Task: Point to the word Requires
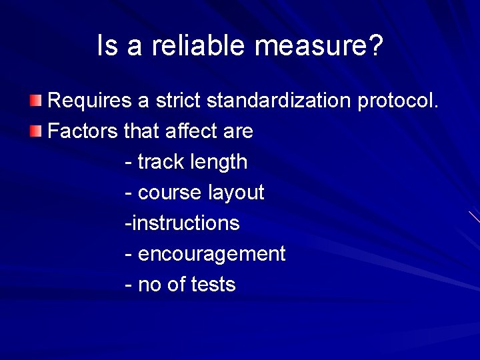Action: [90, 101]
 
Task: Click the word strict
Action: [178, 101]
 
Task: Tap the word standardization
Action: [279, 101]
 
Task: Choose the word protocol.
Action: [398, 101]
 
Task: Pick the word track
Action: [161, 162]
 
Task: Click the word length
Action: [219, 162]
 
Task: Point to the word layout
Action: [236, 193]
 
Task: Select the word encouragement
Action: [211, 254]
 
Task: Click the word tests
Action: [213, 285]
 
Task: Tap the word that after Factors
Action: [140, 131]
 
